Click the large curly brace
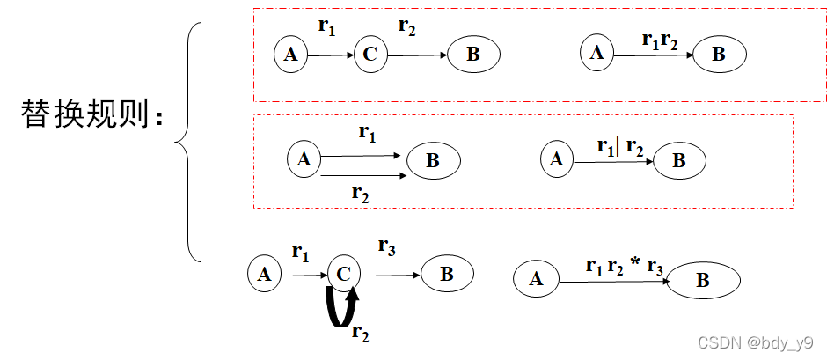[189, 141]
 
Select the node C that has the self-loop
[344, 275]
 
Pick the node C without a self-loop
[370, 55]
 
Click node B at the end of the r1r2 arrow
[719, 55]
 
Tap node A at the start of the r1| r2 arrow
[556, 160]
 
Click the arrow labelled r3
[391, 275]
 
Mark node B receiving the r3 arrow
[447, 274]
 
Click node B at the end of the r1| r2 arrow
[679, 161]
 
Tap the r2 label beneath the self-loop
[360, 332]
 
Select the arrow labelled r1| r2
[611, 161]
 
